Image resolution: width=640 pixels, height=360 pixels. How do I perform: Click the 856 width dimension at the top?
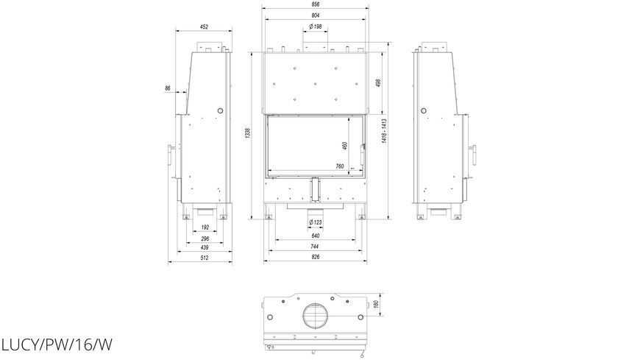click(x=315, y=4)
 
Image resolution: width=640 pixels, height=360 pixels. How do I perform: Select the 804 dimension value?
click(x=315, y=15)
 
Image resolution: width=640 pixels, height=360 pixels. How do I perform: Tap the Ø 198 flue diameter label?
click(x=316, y=27)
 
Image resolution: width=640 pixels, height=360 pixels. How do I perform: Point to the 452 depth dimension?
click(x=204, y=27)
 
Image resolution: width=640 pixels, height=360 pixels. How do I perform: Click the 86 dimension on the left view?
click(x=168, y=88)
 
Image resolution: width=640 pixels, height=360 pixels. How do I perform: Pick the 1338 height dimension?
click(x=247, y=133)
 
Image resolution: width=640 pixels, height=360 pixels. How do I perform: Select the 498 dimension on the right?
click(x=378, y=82)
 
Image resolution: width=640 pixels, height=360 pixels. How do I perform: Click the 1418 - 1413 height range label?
click(x=384, y=131)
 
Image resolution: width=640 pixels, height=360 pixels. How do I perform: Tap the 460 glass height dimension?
click(x=344, y=146)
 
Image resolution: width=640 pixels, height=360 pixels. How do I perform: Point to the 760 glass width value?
click(x=340, y=166)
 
